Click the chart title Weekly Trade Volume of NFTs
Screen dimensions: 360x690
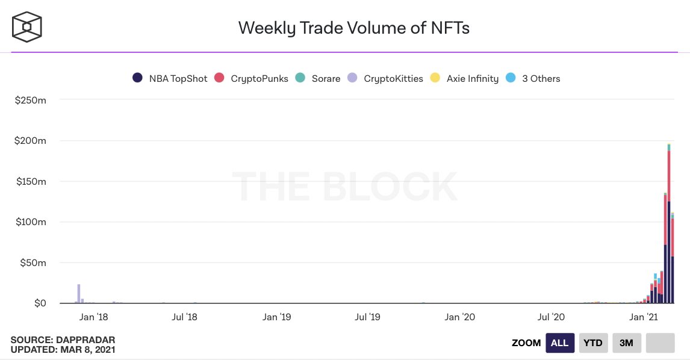tap(353, 28)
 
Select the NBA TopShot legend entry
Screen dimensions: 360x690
tap(170, 78)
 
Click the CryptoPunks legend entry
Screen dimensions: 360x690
tap(252, 78)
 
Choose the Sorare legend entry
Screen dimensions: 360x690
tap(319, 78)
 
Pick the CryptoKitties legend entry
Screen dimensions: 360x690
tap(386, 78)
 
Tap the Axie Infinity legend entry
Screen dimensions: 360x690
tap(465, 78)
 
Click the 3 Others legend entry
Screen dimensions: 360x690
tap(534, 78)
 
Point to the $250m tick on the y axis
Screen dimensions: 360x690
tap(31, 100)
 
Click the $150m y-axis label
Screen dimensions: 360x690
tap(31, 181)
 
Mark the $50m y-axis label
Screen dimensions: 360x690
tap(33, 262)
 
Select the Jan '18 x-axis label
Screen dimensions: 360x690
tap(93, 317)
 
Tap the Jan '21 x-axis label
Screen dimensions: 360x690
tap(644, 317)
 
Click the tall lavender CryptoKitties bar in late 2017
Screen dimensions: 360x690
tap(79, 294)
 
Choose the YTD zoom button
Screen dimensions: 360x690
tap(593, 343)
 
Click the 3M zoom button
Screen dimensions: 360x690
tap(626, 343)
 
